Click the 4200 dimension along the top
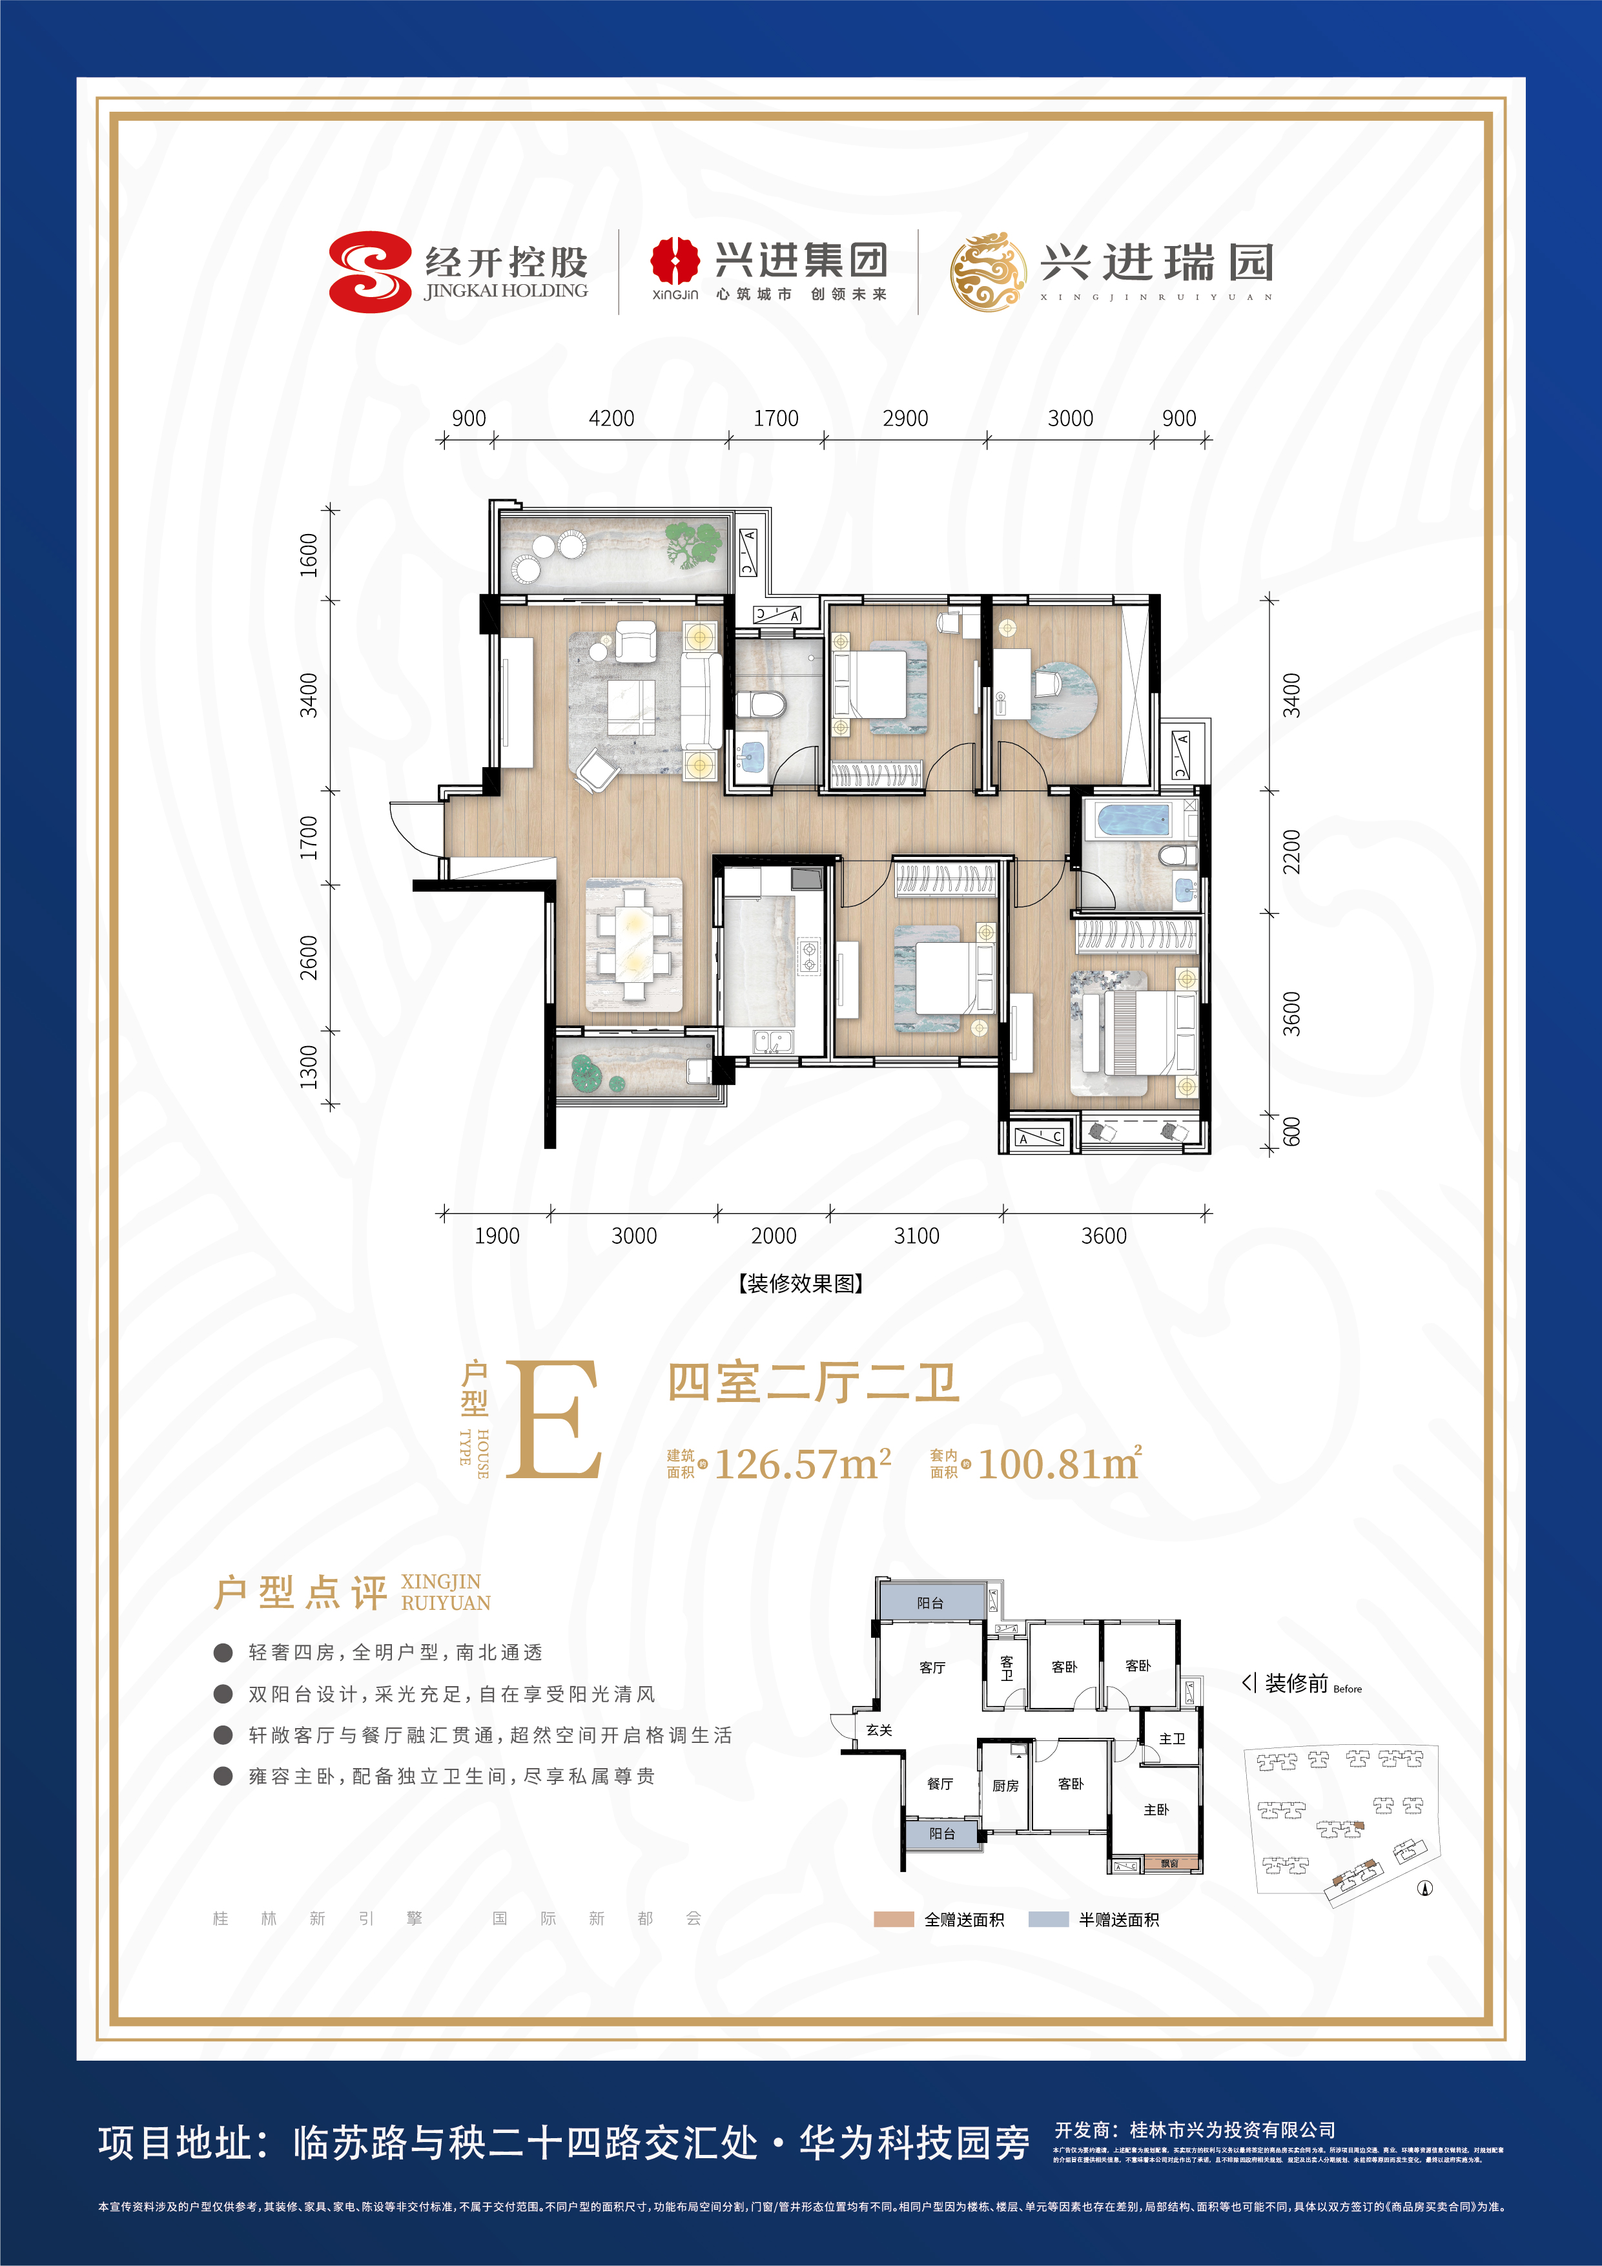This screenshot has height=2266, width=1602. click(x=611, y=418)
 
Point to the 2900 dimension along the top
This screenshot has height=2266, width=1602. click(x=905, y=418)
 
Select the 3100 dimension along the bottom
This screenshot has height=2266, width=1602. click(x=916, y=1235)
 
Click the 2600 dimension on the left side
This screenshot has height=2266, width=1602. click(x=309, y=957)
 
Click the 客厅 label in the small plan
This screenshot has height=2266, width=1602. click(x=932, y=1668)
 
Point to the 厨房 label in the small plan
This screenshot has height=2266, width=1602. click(x=1005, y=1786)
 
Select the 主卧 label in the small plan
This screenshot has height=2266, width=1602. click(x=1156, y=1810)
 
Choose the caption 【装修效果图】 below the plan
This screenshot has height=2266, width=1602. click(x=801, y=1284)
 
